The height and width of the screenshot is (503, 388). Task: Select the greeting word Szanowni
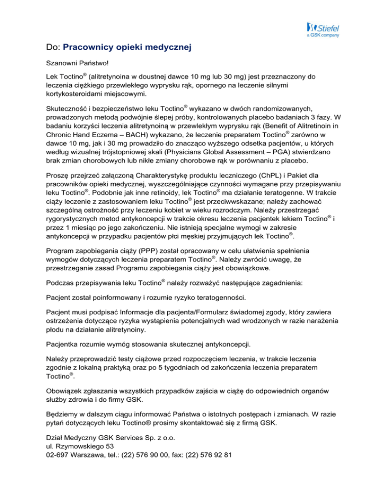(x=58, y=66)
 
